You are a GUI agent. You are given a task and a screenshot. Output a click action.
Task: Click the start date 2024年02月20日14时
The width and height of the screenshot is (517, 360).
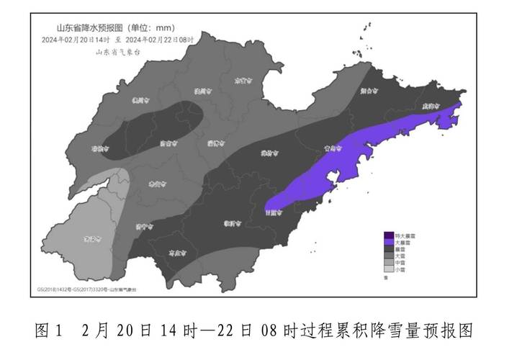click(x=75, y=39)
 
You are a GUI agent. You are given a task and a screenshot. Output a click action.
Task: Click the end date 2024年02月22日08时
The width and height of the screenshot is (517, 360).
click(x=159, y=39)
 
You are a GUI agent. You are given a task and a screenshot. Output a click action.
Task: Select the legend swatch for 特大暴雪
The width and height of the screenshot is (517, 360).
click(x=389, y=235)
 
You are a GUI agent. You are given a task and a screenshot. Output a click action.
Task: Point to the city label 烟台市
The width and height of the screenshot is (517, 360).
click(x=368, y=91)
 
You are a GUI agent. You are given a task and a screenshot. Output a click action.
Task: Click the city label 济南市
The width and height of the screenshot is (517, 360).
click(x=166, y=144)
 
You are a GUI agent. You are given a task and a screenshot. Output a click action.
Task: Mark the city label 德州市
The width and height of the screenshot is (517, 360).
click(x=143, y=102)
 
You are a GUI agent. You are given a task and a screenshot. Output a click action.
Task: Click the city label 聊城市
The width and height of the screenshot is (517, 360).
click(x=100, y=148)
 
